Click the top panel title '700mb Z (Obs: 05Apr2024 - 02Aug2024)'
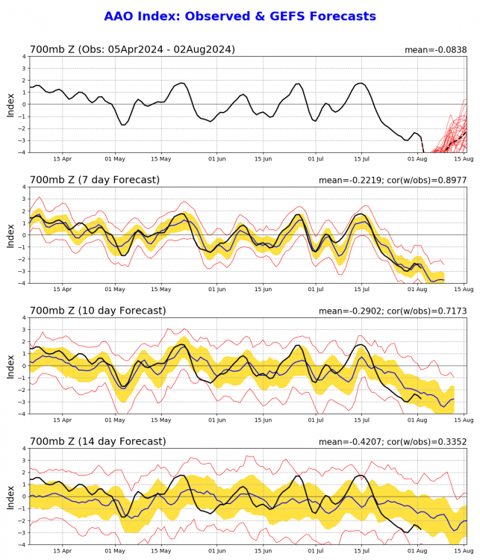click(x=132, y=50)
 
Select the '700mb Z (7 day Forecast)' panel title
click(x=97, y=181)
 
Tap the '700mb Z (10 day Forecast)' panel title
click(x=100, y=311)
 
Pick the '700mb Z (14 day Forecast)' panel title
click(x=100, y=441)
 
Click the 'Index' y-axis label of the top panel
click(x=10, y=105)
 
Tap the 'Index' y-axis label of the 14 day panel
click(x=10, y=497)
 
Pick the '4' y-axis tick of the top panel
click(x=23, y=56)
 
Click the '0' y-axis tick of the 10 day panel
click(x=23, y=366)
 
